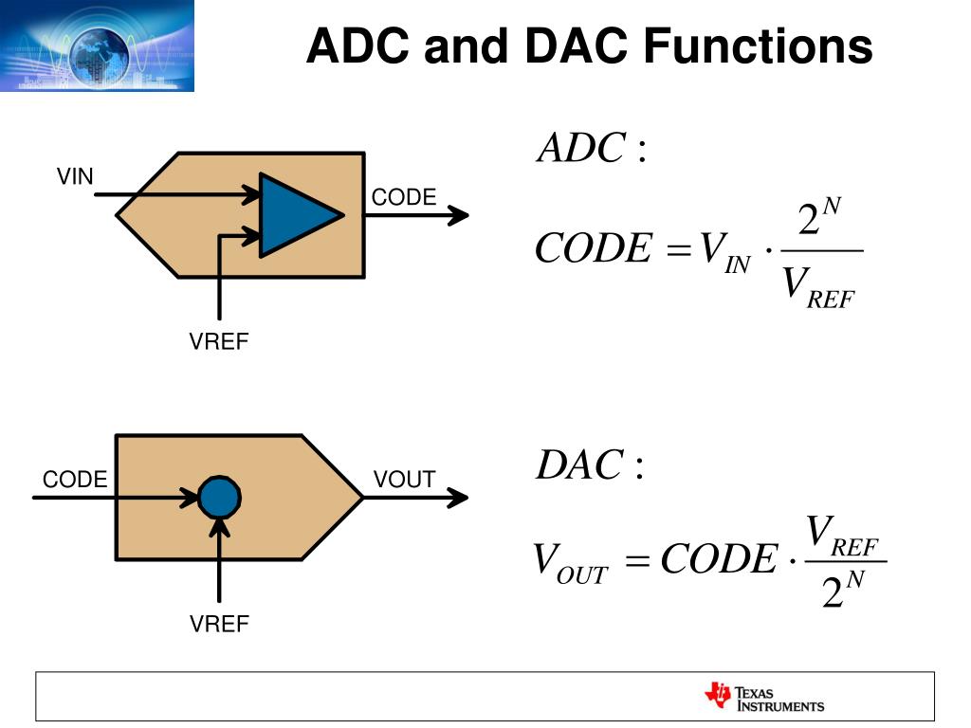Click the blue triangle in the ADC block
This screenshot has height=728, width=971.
point(295,215)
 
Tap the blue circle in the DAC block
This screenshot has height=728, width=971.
point(219,497)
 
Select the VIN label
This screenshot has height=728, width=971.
point(75,176)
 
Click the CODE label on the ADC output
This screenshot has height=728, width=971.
point(403,197)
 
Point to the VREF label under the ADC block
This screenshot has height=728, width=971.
point(218,342)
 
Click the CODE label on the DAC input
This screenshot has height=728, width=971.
point(75,480)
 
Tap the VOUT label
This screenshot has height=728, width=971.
point(404,480)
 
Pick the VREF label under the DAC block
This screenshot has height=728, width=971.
point(218,624)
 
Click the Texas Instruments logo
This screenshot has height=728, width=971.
point(764,697)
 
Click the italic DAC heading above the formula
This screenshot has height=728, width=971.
point(579,465)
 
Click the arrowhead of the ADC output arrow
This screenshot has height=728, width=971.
point(459,215)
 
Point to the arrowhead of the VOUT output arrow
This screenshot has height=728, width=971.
point(458,497)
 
